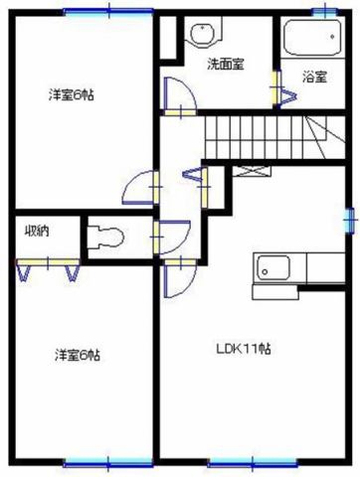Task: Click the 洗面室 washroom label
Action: click(226, 64)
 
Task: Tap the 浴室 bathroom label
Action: click(315, 78)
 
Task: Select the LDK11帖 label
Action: click(244, 349)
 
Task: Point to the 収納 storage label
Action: click(38, 231)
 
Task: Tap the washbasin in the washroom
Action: click(203, 33)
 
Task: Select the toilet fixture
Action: click(105, 237)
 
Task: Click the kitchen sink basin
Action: click(273, 267)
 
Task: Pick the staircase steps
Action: click(275, 137)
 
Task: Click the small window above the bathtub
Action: click(325, 12)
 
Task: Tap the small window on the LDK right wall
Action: click(350, 220)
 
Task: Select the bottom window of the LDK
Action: click(253, 462)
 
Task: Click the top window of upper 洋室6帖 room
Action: click(108, 12)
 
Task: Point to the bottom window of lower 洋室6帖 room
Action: click(108, 463)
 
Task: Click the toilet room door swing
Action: click(172, 237)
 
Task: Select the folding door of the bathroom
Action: click(283, 89)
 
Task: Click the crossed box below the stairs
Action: click(252, 171)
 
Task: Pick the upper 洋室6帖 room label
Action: click(72, 95)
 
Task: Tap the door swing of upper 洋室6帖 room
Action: click(141, 188)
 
